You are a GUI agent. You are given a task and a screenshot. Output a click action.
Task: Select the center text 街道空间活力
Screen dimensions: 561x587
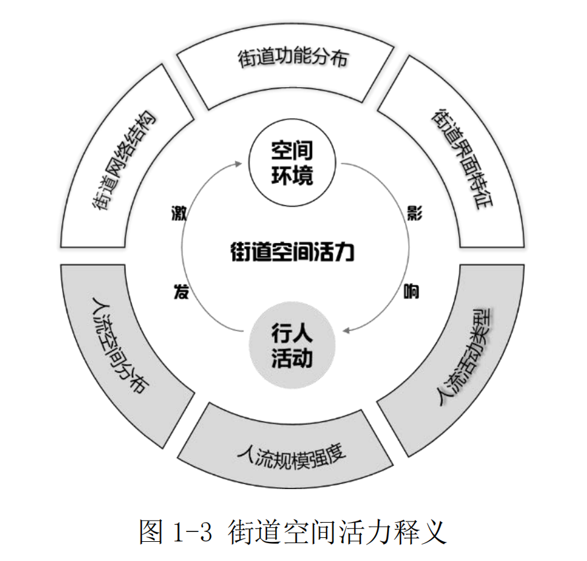coord(292,251)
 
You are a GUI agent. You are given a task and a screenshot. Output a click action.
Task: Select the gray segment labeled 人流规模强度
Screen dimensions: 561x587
coord(291,449)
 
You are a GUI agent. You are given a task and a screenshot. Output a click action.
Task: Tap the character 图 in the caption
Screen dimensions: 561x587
coord(152,530)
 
